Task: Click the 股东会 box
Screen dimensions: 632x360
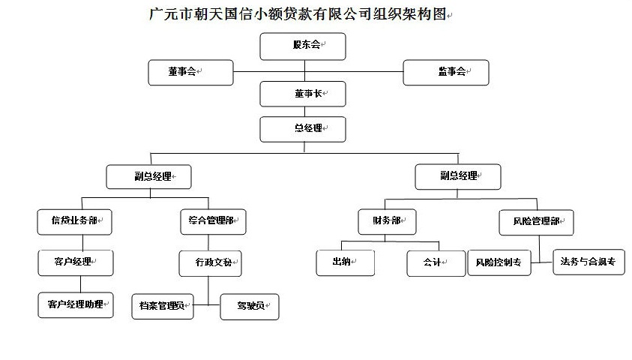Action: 303,46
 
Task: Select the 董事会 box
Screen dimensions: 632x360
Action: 190,73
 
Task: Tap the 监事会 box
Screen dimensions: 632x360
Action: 446,73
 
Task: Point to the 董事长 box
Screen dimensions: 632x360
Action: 303,94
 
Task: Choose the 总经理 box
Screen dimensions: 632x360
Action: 303,130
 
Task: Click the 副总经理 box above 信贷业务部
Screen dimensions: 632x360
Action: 148,176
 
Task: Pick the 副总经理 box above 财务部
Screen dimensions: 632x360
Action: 458,176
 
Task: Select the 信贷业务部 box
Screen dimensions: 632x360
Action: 74,222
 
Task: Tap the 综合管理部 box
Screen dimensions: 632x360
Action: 213,222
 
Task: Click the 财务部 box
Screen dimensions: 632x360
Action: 387,222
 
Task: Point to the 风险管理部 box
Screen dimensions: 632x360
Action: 536,223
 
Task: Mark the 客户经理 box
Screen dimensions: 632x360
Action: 76,262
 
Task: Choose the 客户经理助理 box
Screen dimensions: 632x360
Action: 76,305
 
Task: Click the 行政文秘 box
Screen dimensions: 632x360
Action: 211,264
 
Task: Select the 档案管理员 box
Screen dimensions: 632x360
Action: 163,307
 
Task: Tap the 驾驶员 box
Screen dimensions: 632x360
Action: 250,307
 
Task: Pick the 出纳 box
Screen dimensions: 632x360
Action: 346,262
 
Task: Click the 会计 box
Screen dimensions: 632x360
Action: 436,264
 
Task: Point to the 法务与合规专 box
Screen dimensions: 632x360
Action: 589,262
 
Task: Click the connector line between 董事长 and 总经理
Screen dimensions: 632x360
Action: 304,112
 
